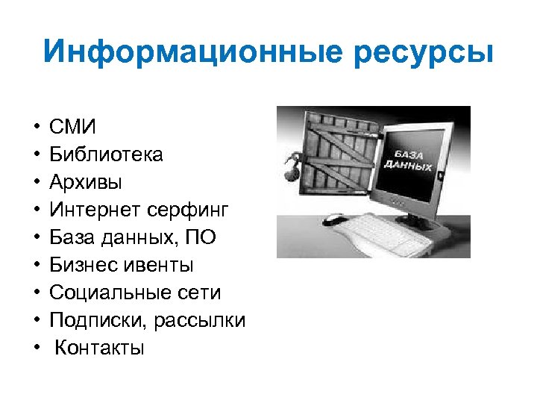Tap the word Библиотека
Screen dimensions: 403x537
point(106,154)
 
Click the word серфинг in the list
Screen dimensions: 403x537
point(184,210)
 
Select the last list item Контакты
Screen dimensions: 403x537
point(100,348)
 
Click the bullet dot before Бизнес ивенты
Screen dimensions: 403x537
point(36,265)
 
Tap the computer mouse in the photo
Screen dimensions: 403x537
point(336,219)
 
